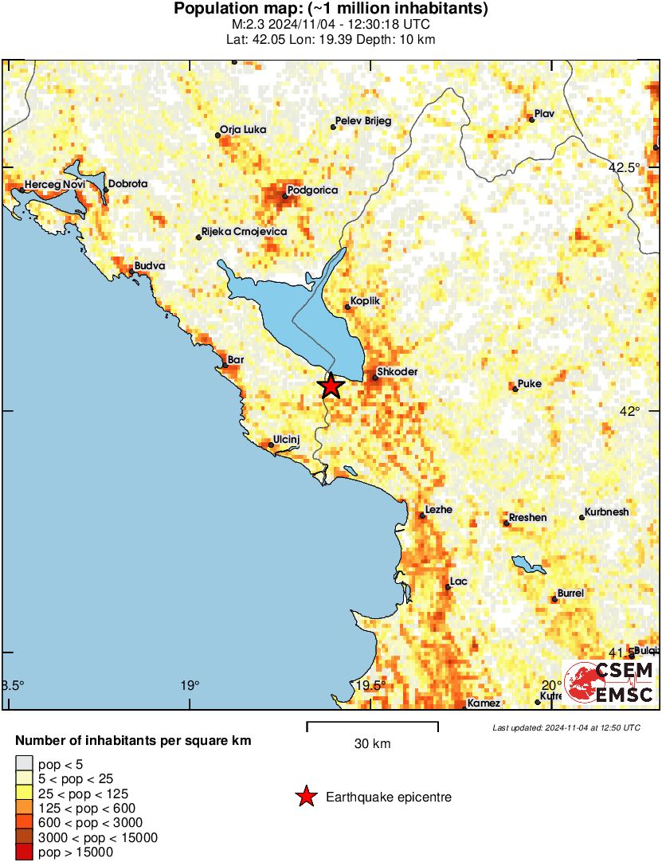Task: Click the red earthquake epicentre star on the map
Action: click(x=331, y=386)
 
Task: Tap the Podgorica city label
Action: click(x=312, y=190)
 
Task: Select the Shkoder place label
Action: click(x=398, y=371)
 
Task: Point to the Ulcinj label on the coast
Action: click(x=287, y=439)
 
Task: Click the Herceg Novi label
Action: click(x=54, y=184)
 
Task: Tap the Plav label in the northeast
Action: click(x=544, y=113)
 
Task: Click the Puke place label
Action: click(x=530, y=383)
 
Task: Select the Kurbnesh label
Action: click(x=607, y=511)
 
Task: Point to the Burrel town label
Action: click(x=571, y=594)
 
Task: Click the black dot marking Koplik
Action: click(x=347, y=308)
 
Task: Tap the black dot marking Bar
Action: click(x=225, y=366)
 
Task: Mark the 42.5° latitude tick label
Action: click(x=625, y=167)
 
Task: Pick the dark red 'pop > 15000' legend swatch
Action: click(x=25, y=852)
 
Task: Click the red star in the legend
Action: click(x=305, y=797)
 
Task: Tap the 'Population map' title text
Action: click(x=331, y=10)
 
